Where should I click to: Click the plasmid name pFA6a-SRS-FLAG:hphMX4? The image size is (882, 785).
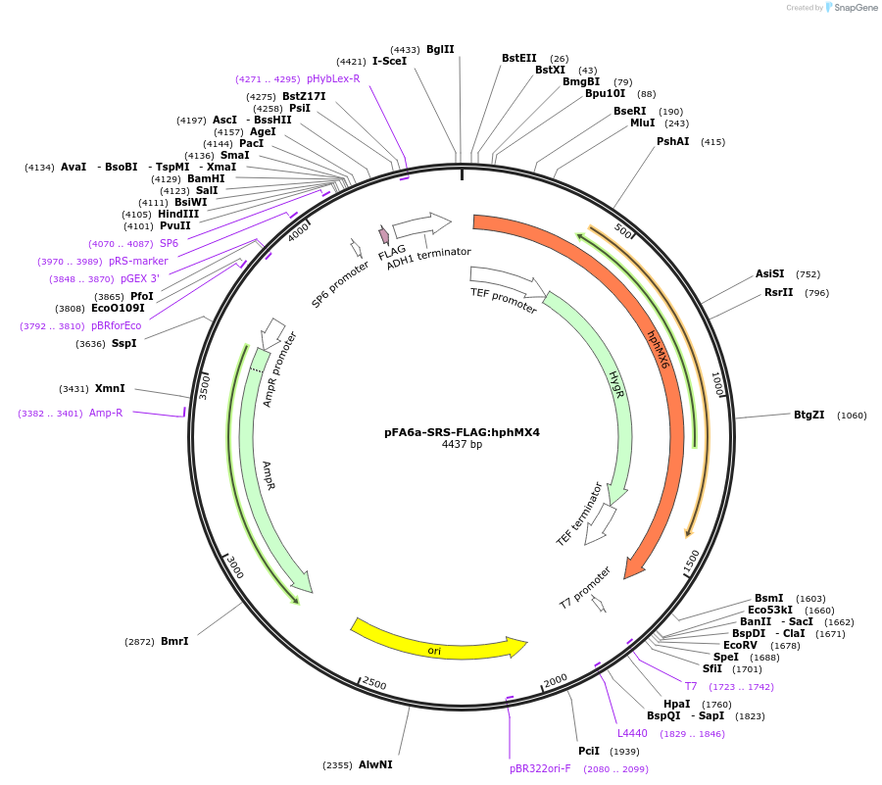click(x=462, y=431)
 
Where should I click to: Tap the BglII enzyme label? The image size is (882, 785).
click(x=440, y=49)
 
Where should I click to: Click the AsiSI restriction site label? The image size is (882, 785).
click(x=770, y=274)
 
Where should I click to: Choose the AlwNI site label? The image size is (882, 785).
click(x=375, y=764)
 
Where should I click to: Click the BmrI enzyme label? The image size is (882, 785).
click(x=174, y=641)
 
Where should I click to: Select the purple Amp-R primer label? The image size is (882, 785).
click(x=106, y=413)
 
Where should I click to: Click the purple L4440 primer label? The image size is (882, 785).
click(x=632, y=733)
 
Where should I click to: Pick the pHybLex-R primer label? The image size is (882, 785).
click(x=333, y=78)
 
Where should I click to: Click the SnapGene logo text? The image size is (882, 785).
click(x=854, y=8)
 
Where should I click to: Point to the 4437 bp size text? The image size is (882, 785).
click(x=462, y=445)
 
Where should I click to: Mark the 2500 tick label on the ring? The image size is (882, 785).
click(x=374, y=682)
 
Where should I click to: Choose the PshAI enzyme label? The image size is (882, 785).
click(x=673, y=142)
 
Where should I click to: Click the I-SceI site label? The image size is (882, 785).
click(x=389, y=61)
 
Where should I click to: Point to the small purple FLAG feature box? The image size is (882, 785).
click(x=384, y=235)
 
